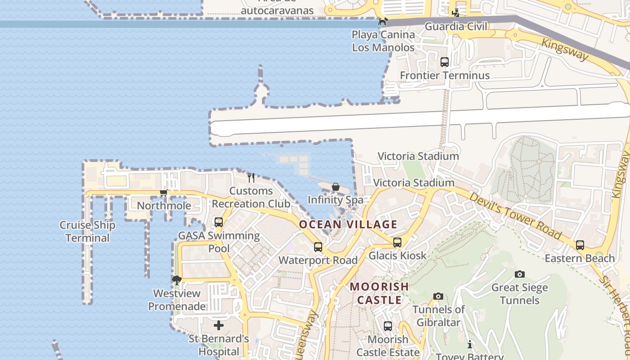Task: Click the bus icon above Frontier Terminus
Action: point(445,62)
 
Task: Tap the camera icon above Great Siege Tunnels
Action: point(520,274)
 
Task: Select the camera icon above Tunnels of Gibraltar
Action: point(438,296)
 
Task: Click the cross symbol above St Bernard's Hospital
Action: point(219,325)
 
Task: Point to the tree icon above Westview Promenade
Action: point(177,280)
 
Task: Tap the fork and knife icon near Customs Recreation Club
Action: point(251,178)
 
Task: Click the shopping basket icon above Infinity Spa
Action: point(336,187)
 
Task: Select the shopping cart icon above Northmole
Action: point(163,193)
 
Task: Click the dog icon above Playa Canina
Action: point(382,21)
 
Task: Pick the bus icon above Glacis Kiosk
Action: point(397,243)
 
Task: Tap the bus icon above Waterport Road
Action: point(318,247)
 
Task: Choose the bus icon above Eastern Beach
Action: point(580,245)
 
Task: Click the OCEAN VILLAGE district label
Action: point(348,224)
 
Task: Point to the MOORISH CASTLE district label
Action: point(379,293)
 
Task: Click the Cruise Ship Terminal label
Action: point(88,231)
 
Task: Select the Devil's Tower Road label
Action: point(516,216)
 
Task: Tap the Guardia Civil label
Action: point(456,27)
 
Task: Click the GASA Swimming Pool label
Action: point(219,242)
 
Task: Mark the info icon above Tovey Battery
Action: point(470,344)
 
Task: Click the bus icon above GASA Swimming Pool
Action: point(219,222)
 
